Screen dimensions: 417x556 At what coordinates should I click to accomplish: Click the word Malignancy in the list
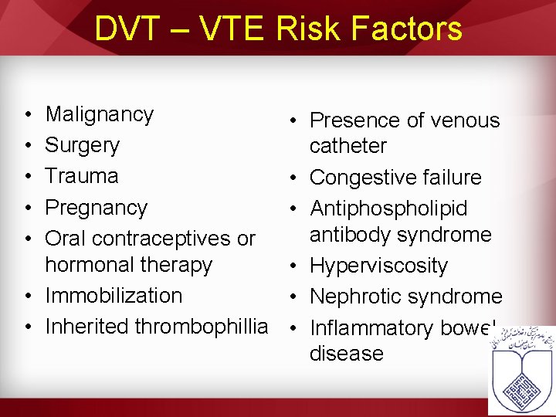pyautogui.click(x=100, y=115)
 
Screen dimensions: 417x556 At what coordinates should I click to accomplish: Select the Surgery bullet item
pyautogui.click(x=83, y=145)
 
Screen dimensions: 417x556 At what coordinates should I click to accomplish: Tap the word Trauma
pyautogui.click(x=82, y=176)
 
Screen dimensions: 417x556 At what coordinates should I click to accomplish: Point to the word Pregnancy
pyautogui.click(x=96, y=208)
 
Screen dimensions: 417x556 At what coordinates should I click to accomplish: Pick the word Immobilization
pyautogui.click(x=114, y=296)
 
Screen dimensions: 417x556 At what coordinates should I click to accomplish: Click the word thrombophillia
pyautogui.click(x=201, y=327)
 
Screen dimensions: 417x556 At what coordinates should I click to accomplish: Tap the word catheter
pyautogui.click(x=347, y=146)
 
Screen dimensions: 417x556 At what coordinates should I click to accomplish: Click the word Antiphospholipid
pyautogui.click(x=388, y=208)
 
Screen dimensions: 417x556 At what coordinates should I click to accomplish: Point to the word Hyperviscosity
pyautogui.click(x=378, y=266)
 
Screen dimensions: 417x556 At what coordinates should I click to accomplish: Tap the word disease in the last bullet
pyautogui.click(x=346, y=354)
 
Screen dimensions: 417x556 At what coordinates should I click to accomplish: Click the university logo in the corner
pyautogui.click(x=521, y=369)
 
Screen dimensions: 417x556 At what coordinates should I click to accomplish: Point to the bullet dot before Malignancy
pyautogui.click(x=28, y=115)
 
